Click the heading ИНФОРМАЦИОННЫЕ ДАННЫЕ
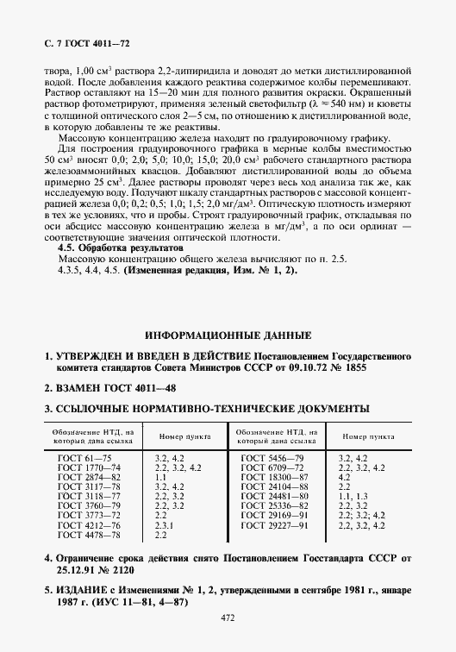pyautogui.click(x=228, y=334)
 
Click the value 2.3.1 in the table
pyautogui.click(x=164, y=525)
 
